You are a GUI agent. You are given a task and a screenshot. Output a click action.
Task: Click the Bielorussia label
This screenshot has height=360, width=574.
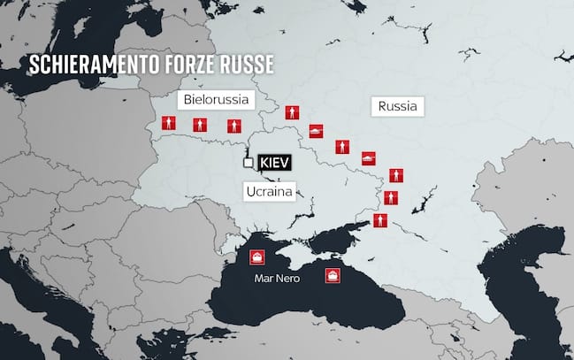tap(217, 98)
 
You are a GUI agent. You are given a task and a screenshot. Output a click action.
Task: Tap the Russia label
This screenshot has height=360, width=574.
tap(397, 107)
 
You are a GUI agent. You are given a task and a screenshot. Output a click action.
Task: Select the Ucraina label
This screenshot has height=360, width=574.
tap(269, 190)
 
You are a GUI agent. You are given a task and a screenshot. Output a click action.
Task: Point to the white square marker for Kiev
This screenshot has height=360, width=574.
tap(249, 163)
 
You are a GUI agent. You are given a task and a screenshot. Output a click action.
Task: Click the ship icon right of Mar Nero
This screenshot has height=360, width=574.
tap(333, 275)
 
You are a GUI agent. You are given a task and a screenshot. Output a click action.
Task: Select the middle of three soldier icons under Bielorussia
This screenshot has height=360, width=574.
tap(200, 125)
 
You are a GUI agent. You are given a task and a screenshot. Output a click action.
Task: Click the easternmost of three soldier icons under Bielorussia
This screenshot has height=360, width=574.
tap(233, 126)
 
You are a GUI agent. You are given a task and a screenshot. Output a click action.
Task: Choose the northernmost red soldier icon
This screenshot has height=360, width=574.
tap(291, 112)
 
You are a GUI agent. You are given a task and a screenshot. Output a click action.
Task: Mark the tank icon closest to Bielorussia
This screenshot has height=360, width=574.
tap(316, 132)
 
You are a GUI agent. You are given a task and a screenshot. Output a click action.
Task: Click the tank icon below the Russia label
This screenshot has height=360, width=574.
tap(369, 157)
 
